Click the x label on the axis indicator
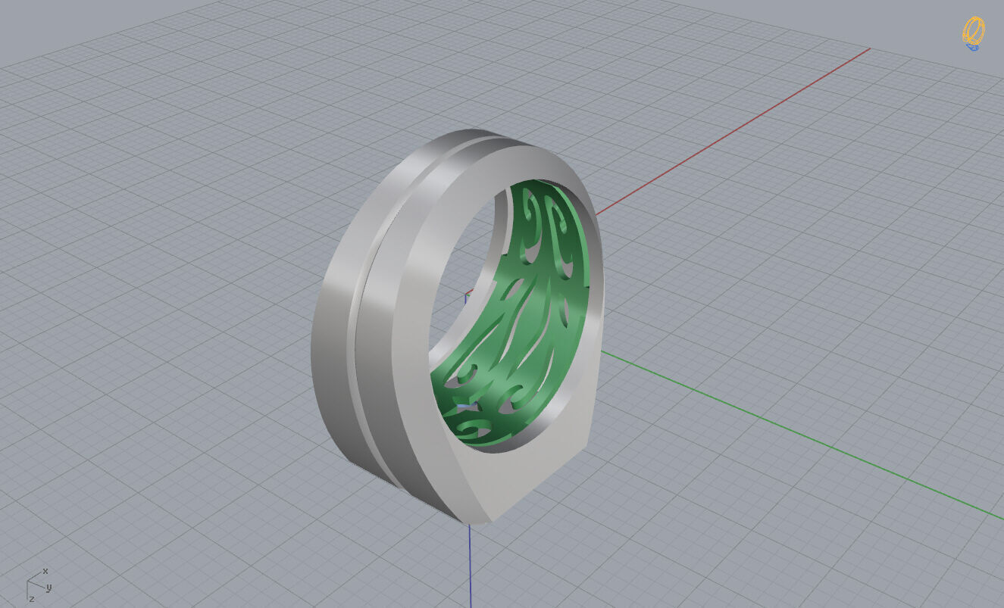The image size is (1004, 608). [45, 571]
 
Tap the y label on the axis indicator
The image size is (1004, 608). [48, 588]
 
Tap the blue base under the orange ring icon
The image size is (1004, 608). [972, 47]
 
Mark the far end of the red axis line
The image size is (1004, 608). [869, 49]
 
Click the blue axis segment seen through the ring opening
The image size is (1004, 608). [466, 295]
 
